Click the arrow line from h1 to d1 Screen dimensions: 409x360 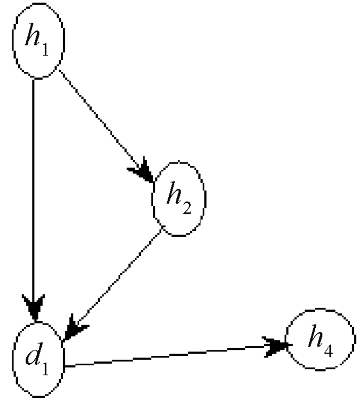[x=33, y=190]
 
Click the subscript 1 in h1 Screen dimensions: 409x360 [x=46, y=51]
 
